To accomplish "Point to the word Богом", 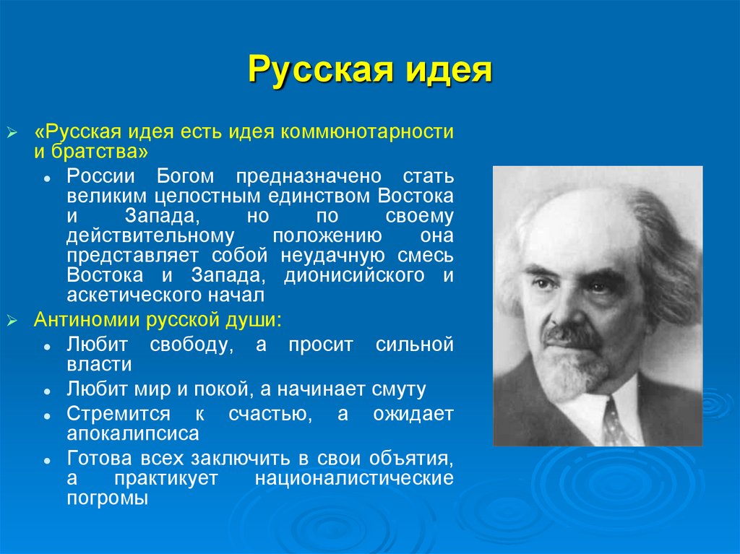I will pos(184,177).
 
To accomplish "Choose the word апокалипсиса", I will pos(132,433).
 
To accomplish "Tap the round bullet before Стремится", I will pos(46,415).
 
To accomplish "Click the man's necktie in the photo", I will pos(614,423).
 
